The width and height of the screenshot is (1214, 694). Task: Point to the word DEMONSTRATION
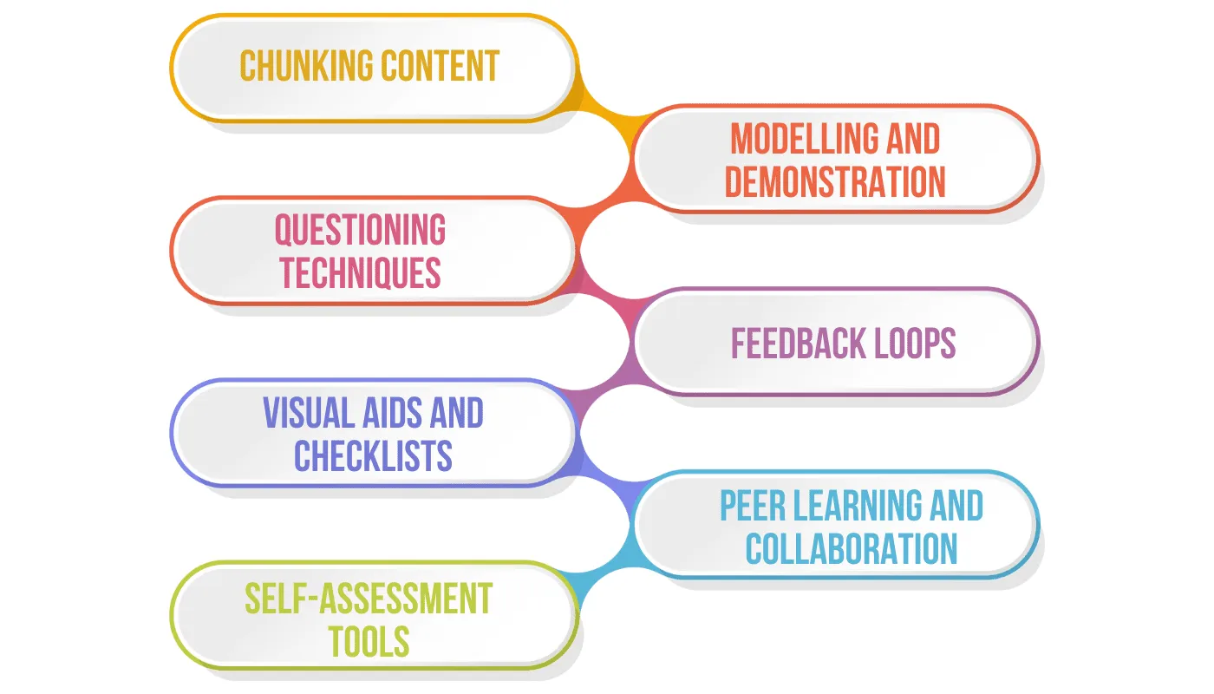click(x=835, y=182)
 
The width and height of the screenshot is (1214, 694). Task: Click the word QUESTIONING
click(x=360, y=230)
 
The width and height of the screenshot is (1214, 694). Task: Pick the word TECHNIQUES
click(x=360, y=272)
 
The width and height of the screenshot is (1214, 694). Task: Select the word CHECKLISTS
click(x=373, y=456)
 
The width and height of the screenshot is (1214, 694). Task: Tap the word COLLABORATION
click(x=851, y=548)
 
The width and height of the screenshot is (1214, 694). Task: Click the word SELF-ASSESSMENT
click(x=369, y=599)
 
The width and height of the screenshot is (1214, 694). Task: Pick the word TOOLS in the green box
click(x=369, y=641)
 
